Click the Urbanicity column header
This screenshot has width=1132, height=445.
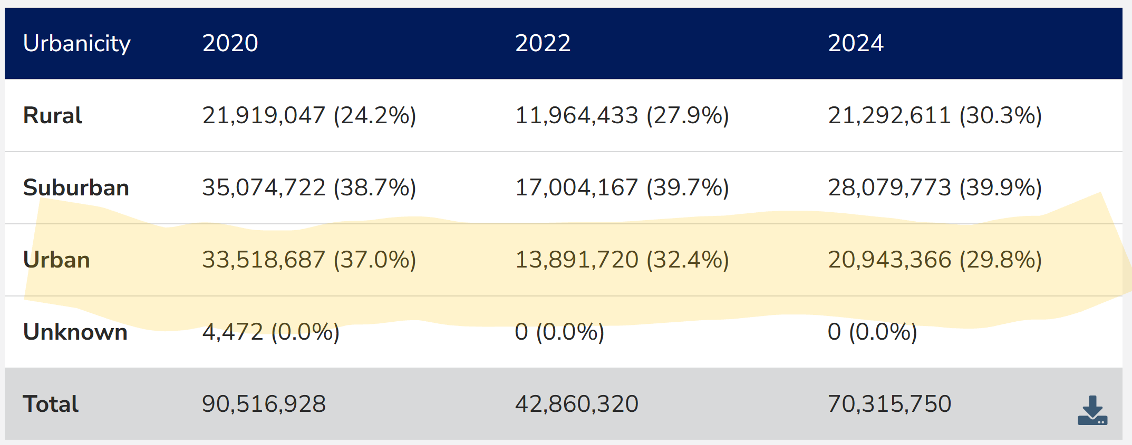[x=77, y=43]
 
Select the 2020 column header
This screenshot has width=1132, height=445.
[x=230, y=43]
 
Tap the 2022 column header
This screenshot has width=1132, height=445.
[x=543, y=43]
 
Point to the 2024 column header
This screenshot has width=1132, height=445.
[x=855, y=43]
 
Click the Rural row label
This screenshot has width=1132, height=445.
[x=53, y=115]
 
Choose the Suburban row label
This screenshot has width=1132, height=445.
[x=76, y=187]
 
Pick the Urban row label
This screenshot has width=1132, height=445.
[x=56, y=260]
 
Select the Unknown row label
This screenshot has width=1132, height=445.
[x=75, y=332]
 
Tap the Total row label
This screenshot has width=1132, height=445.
[x=51, y=404]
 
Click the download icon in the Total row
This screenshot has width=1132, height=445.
[x=1092, y=410]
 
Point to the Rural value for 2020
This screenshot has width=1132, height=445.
[x=309, y=115]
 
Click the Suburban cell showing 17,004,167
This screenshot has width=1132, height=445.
[x=622, y=187]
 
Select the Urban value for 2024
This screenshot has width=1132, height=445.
[x=934, y=260]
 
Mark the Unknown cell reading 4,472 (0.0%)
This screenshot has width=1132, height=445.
[x=270, y=332]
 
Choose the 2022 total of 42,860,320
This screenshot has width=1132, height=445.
[x=576, y=404]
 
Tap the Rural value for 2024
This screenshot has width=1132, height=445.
[x=934, y=115]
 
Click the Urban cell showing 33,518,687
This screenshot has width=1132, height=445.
[x=309, y=260]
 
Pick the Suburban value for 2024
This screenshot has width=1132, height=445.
[x=934, y=187]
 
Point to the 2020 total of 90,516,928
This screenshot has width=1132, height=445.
[x=264, y=404]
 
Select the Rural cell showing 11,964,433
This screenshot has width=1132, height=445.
[x=622, y=115]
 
